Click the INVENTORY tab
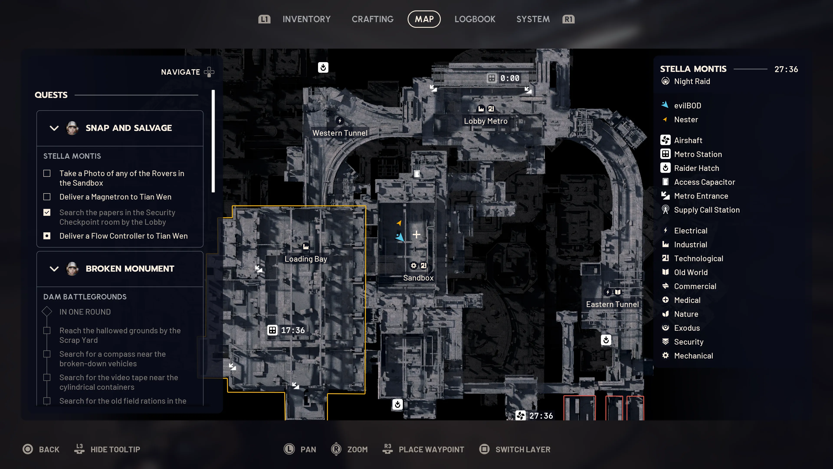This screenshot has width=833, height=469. pos(306,19)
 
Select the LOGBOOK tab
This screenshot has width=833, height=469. pos(475,19)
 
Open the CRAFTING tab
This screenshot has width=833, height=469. pos(372,19)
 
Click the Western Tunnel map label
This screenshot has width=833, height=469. pos(340,133)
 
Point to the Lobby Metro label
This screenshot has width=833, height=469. pos(486,121)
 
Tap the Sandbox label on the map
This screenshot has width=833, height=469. pos(418,278)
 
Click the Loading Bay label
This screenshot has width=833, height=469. pos(306,259)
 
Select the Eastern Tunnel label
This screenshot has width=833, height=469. pos(612,304)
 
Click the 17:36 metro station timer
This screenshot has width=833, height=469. pos(292,330)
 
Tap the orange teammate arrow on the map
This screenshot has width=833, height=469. pos(399,223)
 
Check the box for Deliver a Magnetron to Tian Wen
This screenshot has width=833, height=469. pos(47,197)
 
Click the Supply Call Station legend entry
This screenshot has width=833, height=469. pos(707,210)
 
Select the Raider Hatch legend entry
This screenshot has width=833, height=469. pos(696,168)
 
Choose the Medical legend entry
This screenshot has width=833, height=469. pos(687,300)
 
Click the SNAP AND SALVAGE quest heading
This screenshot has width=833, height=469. pos(128,128)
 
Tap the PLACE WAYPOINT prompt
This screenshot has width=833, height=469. pos(431,449)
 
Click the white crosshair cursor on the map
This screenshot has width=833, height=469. pos(416,234)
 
